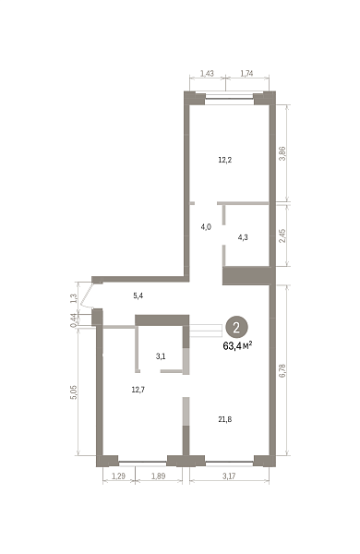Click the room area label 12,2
(225, 160)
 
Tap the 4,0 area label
(206, 227)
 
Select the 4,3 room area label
(243, 237)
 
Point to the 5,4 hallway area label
(138, 295)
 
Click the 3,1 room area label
(161, 356)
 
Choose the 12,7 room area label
(138, 390)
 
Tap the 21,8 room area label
(225, 419)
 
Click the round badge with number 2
(236, 328)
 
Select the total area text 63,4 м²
(237, 346)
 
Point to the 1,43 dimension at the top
(207, 74)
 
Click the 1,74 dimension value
(246, 74)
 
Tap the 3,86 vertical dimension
(282, 153)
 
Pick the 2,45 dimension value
(282, 235)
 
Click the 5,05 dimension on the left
(74, 392)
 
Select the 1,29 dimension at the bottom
(119, 476)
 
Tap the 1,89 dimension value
(159, 476)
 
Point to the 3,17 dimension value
(229, 476)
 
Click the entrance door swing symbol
(85, 296)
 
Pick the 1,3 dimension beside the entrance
(74, 298)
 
